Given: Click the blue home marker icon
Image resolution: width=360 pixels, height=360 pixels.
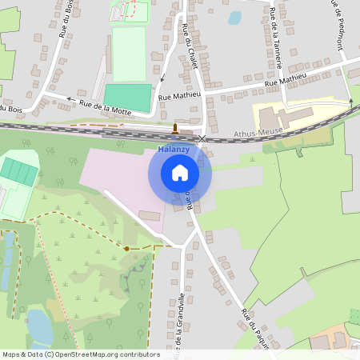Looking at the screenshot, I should [180, 173].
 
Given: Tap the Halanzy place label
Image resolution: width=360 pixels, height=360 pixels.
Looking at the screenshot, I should [174, 150].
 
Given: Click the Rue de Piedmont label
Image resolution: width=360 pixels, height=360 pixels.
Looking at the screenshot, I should [338, 24].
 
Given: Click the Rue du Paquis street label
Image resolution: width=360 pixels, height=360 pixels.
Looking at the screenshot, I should [254, 327].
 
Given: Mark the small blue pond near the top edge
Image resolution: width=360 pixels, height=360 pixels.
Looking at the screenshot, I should [234, 17].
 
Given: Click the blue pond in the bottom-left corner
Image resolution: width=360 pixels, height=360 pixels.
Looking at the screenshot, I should [38, 326].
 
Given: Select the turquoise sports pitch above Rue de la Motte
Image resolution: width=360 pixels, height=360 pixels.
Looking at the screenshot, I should [128, 98].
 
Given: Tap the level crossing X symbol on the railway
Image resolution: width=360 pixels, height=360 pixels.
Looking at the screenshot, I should [202, 138].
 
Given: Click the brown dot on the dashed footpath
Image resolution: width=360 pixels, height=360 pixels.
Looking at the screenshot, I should [126, 249].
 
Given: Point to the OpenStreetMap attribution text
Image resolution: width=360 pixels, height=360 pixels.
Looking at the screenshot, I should [80, 354].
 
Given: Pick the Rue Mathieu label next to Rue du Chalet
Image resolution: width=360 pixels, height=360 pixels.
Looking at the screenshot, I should [180, 95].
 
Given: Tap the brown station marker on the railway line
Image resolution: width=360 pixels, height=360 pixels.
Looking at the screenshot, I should [175, 128].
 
